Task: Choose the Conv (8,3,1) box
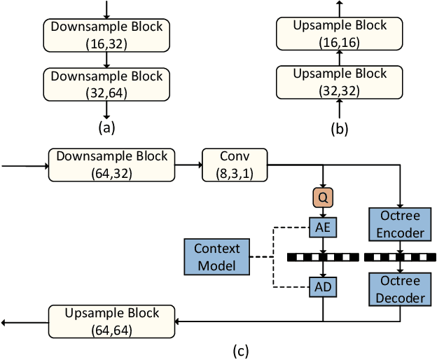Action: [x=234, y=165]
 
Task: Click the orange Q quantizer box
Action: [x=323, y=199]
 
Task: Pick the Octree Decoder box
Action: [x=400, y=289]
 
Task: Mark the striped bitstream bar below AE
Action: [x=323, y=256]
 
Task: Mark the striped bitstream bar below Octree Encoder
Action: [x=400, y=256]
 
